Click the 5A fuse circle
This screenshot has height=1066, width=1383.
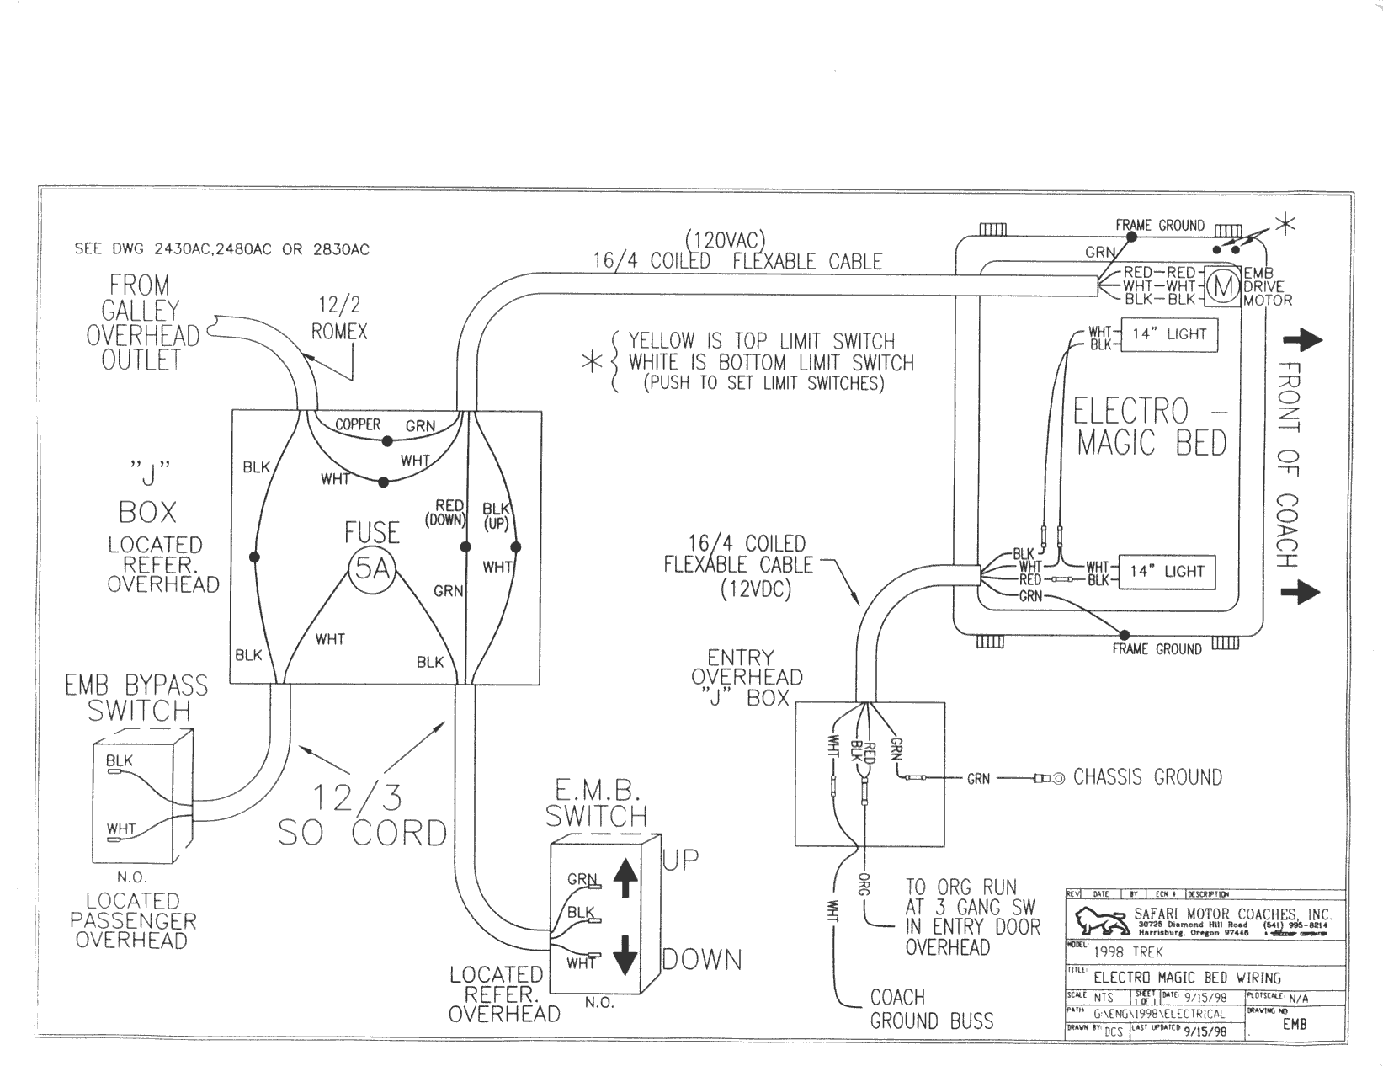(x=371, y=570)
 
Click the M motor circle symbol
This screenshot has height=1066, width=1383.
(x=1224, y=287)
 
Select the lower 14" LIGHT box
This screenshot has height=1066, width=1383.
(x=1167, y=572)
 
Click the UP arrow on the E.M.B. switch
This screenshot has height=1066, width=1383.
(x=624, y=881)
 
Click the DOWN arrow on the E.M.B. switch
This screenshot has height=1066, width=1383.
(x=624, y=953)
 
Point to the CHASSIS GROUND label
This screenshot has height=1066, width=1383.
(x=1147, y=777)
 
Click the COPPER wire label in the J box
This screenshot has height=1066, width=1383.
(x=358, y=424)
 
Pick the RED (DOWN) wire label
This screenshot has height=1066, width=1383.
(x=449, y=512)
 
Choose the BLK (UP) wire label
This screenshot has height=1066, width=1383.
(x=496, y=515)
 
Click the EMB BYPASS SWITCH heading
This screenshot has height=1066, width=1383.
(x=136, y=698)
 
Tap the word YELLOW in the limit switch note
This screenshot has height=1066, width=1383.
(x=662, y=341)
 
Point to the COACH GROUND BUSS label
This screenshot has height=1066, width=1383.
(x=931, y=1010)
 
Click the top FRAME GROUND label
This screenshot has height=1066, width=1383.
(x=1159, y=226)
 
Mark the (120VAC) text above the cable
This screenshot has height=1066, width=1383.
(x=726, y=240)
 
